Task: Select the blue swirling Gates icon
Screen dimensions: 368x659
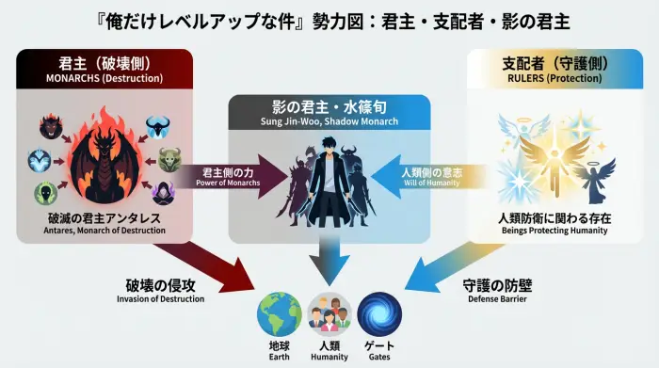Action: [x=378, y=314]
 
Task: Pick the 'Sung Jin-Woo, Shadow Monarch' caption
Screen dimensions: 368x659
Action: [x=329, y=123]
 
